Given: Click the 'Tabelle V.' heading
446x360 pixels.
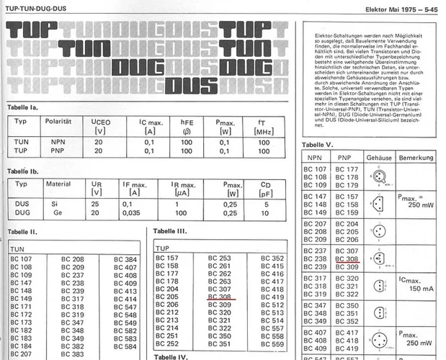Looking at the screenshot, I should click(317, 144).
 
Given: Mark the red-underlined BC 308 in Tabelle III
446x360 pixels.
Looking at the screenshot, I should click(219, 295).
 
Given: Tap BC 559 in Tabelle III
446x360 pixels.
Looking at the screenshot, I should click(272, 344).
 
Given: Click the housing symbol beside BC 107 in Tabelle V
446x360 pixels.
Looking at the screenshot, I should click(377, 176).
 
